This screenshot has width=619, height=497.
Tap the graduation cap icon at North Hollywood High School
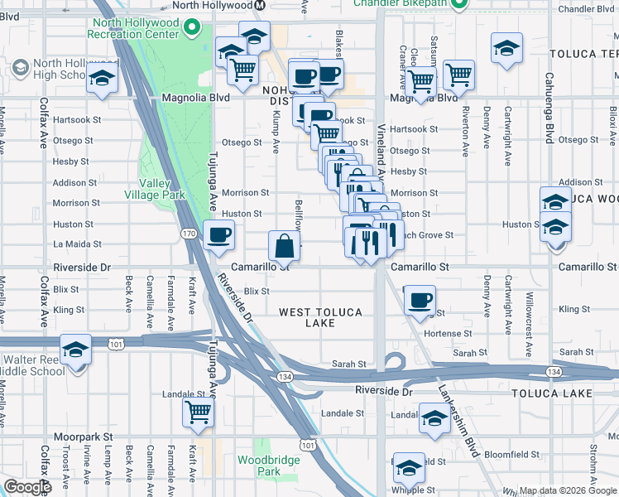point(102,79)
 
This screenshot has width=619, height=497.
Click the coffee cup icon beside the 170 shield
point(218,235)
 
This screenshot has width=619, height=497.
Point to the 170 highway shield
point(188,234)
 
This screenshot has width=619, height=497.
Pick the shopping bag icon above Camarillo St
point(284,245)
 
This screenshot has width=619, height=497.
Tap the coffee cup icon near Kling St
point(420,299)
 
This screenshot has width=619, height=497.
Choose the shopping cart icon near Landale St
point(198,412)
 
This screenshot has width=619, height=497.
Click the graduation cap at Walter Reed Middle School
point(75,350)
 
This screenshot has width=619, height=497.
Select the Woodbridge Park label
point(261,466)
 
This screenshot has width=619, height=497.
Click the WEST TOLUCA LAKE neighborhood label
point(319,317)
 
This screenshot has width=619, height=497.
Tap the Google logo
point(27,488)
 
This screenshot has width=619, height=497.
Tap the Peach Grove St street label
point(429,235)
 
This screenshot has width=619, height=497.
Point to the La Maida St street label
point(77,244)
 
